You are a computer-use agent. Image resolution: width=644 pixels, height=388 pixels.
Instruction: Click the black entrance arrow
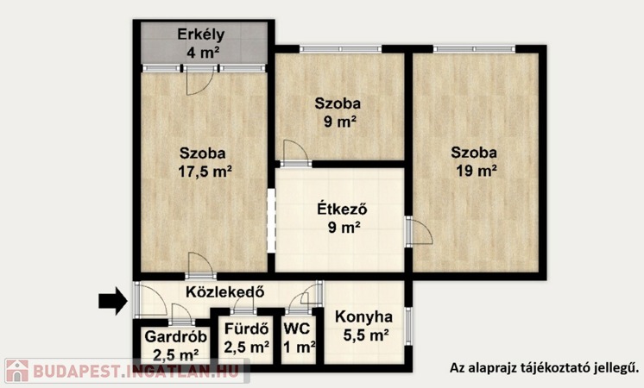[113, 301]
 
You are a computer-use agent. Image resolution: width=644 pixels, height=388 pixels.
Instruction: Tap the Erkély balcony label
[201, 34]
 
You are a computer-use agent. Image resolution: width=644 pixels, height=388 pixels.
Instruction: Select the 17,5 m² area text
[205, 172]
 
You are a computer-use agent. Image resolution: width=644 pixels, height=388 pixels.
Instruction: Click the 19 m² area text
[477, 171]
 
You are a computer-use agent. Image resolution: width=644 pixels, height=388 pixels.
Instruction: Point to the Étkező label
[342, 210]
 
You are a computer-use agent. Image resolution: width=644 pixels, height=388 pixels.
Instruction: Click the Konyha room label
[363, 317]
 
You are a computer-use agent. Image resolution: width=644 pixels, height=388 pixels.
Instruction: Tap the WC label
[297, 329]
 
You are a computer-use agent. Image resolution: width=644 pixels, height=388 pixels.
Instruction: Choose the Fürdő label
[246, 329]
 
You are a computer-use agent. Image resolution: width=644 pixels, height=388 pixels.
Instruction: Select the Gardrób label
[176, 337]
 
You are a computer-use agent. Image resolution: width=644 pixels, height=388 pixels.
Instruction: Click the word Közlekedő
[224, 292]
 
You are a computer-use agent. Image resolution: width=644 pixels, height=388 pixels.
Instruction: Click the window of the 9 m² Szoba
[340, 49]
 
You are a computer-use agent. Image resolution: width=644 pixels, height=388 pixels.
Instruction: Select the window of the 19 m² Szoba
[474, 49]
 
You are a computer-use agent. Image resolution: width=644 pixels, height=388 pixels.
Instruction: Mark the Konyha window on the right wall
[408, 326]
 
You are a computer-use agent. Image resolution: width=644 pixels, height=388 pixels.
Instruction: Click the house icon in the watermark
[17, 371]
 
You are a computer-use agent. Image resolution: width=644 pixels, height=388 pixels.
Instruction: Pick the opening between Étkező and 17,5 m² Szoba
[271, 221]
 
